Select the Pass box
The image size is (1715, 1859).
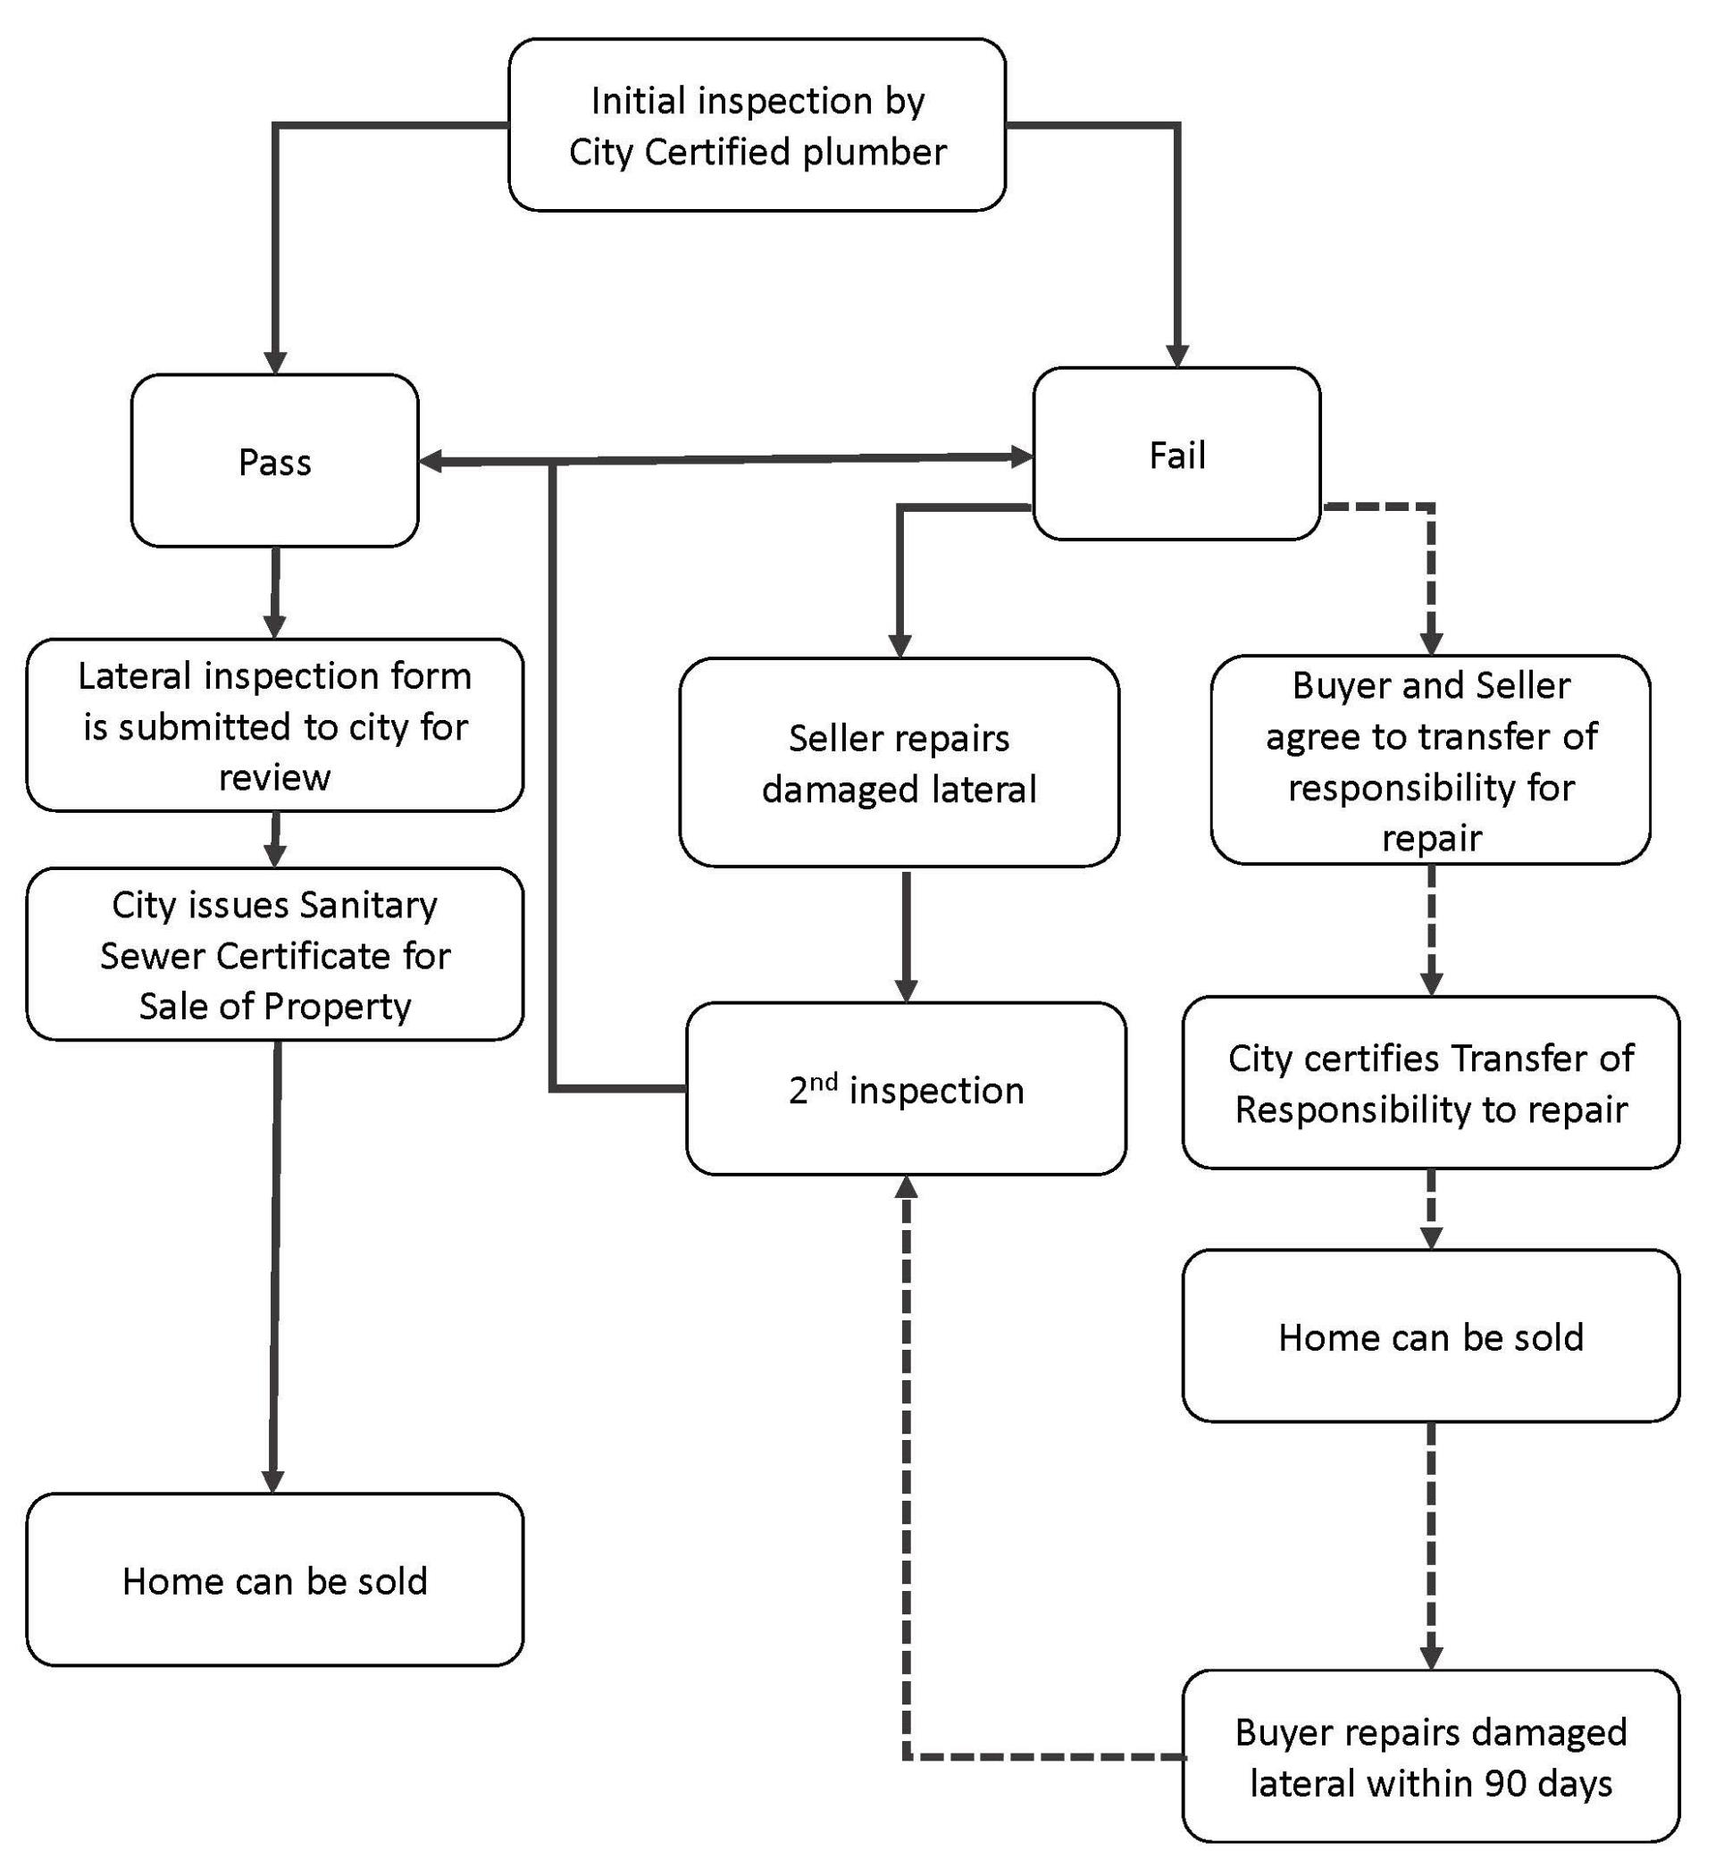[275, 461]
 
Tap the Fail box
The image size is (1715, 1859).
[1176, 455]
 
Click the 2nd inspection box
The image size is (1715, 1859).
[906, 1090]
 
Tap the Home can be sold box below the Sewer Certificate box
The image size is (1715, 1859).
[275, 1580]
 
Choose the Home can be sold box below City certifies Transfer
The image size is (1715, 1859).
[1430, 1337]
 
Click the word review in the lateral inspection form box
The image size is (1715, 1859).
[275, 777]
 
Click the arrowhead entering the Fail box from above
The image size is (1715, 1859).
[1176, 356]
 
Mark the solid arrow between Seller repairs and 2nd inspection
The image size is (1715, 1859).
[907, 933]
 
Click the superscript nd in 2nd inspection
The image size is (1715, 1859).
[824, 1081]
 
